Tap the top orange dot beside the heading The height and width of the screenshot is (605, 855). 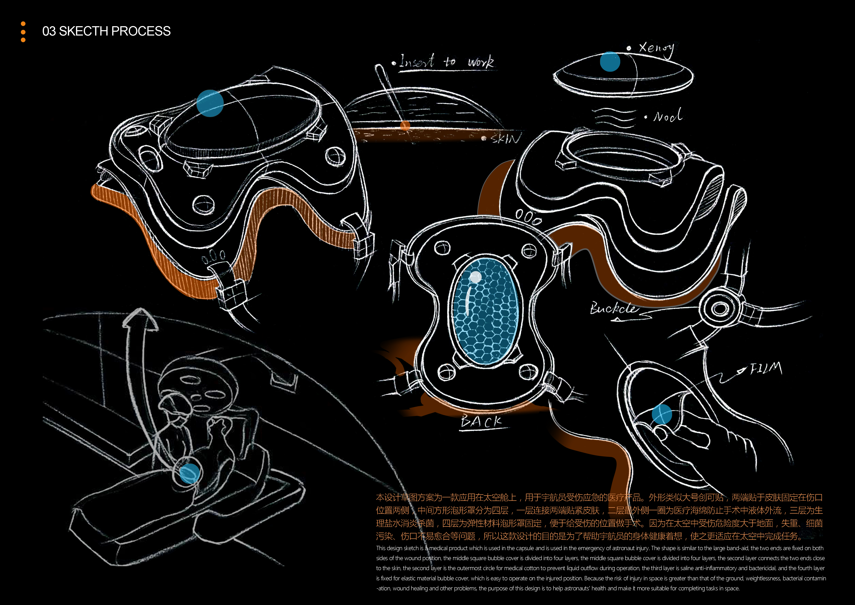pos(23,24)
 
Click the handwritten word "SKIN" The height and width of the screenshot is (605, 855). pos(505,139)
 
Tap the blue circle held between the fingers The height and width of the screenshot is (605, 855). pos(662,414)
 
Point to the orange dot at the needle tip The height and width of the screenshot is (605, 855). pos(405,126)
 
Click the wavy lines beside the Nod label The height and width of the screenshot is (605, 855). pos(614,117)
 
